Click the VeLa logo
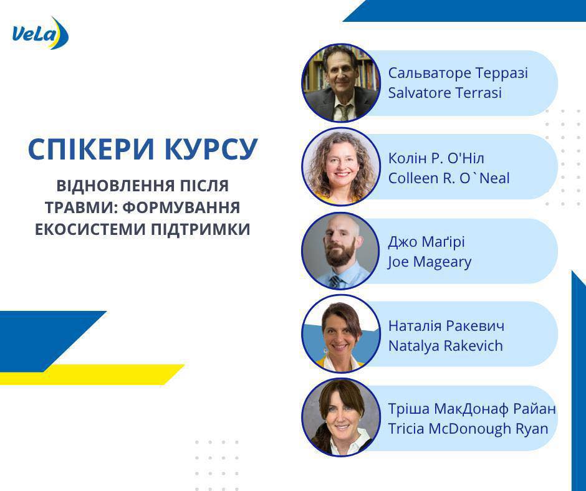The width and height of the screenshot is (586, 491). [x=41, y=34]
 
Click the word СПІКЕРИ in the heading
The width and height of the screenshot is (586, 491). [x=91, y=149]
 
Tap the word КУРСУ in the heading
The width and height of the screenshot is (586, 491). [x=211, y=149]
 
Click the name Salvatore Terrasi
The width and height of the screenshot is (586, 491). [x=444, y=93]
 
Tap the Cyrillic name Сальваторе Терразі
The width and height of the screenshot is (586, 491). [x=458, y=73]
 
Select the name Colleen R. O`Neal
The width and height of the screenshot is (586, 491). [x=449, y=178]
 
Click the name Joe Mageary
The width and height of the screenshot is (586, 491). [x=430, y=262]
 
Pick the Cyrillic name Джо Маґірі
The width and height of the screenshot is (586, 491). [x=426, y=242]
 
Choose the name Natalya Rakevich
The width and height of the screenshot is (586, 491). [x=446, y=346]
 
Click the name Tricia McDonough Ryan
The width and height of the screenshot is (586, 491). [x=468, y=429]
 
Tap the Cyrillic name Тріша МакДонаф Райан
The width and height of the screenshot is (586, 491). [x=472, y=409]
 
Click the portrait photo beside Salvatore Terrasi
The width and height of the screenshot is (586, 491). [x=341, y=83]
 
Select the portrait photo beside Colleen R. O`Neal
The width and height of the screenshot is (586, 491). [x=341, y=166]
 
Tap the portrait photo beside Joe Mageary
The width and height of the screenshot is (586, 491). [x=341, y=250]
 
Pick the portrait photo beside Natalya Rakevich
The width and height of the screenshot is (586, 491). [x=341, y=334]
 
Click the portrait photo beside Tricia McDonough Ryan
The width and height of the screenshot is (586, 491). [x=341, y=417]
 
